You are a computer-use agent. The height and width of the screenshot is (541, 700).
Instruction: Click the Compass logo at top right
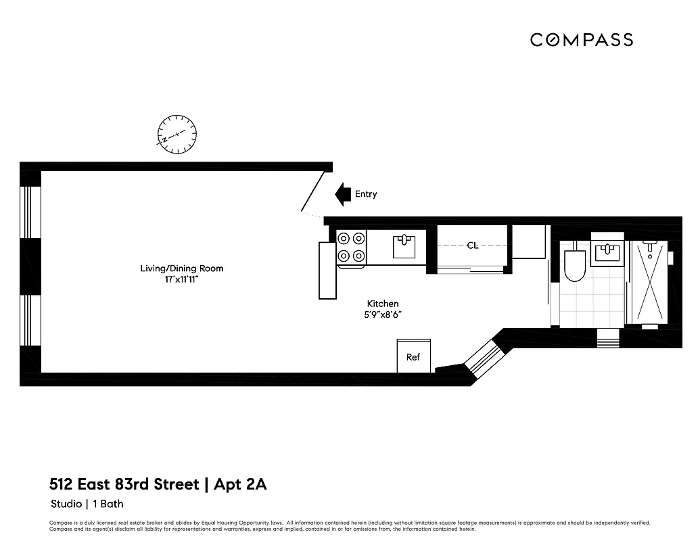581,40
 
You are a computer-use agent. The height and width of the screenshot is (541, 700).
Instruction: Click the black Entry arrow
344,194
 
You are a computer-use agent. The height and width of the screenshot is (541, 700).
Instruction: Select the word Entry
366,194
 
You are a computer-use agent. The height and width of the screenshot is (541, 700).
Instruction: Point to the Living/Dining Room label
181,268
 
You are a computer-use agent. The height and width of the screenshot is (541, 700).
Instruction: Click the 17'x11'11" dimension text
181,279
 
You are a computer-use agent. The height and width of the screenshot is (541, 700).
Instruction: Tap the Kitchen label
383,304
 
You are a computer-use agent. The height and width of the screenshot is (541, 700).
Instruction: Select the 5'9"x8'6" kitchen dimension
383,314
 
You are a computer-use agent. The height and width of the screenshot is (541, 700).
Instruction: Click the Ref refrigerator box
413,356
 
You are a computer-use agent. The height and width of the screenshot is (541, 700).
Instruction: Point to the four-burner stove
351,248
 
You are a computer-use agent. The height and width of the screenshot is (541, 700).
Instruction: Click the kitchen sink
404,246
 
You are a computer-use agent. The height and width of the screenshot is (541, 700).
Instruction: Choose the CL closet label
472,245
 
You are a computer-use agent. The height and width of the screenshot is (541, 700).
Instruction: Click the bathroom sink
607,253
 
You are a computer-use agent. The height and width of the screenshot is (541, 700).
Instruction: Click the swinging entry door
313,191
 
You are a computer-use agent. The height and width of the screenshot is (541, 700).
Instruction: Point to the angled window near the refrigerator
483,355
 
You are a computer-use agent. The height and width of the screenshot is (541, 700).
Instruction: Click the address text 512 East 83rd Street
124,484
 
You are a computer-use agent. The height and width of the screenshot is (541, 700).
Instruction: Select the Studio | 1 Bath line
87,504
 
